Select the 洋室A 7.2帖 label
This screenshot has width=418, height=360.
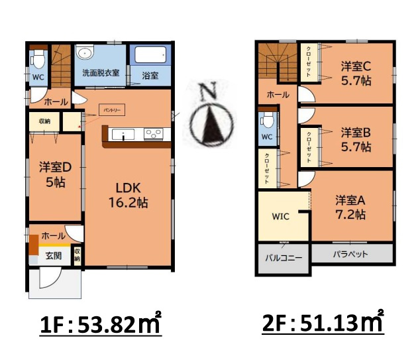pyautogui.click(x=350, y=206)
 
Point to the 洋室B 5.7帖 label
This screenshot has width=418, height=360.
pyautogui.click(x=356, y=139)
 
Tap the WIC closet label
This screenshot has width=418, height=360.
pyautogui.click(x=281, y=215)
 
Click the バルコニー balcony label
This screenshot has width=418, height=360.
pyautogui.click(x=283, y=257)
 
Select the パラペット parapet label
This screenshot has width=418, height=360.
pyautogui.click(x=350, y=254)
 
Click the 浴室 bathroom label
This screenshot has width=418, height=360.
pyautogui.click(x=150, y=75)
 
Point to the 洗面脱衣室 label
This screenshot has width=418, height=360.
pyautogui.click(x=101, y=72)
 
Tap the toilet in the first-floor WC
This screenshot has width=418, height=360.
pyautogui.click(x=38, y=61)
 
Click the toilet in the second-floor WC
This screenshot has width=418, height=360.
pyautogui.click(x=266, y=121)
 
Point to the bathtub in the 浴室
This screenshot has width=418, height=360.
pyautogui.click(x=150, y=54)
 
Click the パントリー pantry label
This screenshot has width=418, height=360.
pyautogui.click(x=111, y=109)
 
